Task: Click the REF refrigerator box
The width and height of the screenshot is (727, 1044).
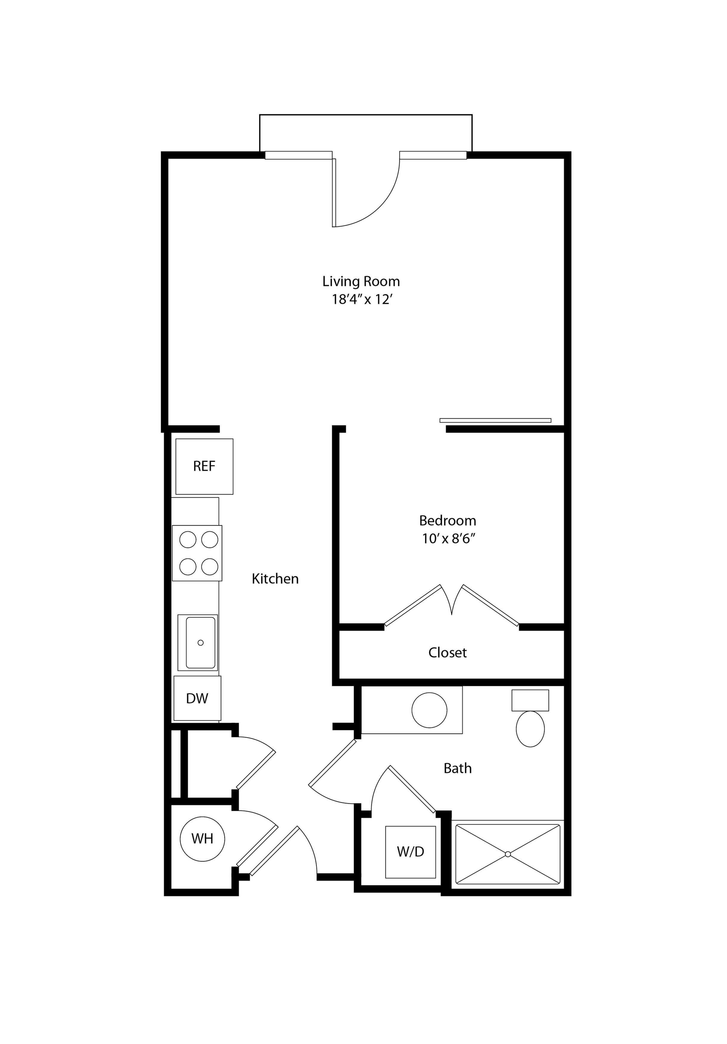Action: (x=204, y=466)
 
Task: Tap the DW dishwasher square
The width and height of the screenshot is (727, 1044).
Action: (x=197, y=698)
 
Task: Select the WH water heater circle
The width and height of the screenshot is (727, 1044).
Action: (x=202, y=838)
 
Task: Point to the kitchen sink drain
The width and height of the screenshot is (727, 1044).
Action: (x=201, y=643)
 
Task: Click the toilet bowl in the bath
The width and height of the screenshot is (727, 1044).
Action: (x=530, y=729)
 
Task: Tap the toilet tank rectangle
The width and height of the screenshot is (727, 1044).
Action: (x=530, y=700)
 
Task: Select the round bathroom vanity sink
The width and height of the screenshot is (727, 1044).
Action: (x=429, y=710)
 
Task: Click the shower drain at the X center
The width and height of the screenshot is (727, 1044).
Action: (x=508, y=854)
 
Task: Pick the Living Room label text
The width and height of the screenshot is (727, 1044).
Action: (x=361, y=281)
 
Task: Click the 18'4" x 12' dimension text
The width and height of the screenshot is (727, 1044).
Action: (x=361, y=300)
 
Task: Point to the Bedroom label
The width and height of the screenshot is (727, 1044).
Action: (x=448, y=521)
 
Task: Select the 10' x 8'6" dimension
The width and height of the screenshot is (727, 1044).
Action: (x=448, y=539)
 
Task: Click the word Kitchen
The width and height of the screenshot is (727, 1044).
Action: (x=275, y=579)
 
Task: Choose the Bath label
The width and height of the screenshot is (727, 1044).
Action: (x=457, y=768)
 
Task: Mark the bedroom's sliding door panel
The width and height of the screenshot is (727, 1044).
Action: (x=495, y=420)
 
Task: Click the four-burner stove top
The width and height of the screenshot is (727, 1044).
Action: (x=197, y=553)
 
